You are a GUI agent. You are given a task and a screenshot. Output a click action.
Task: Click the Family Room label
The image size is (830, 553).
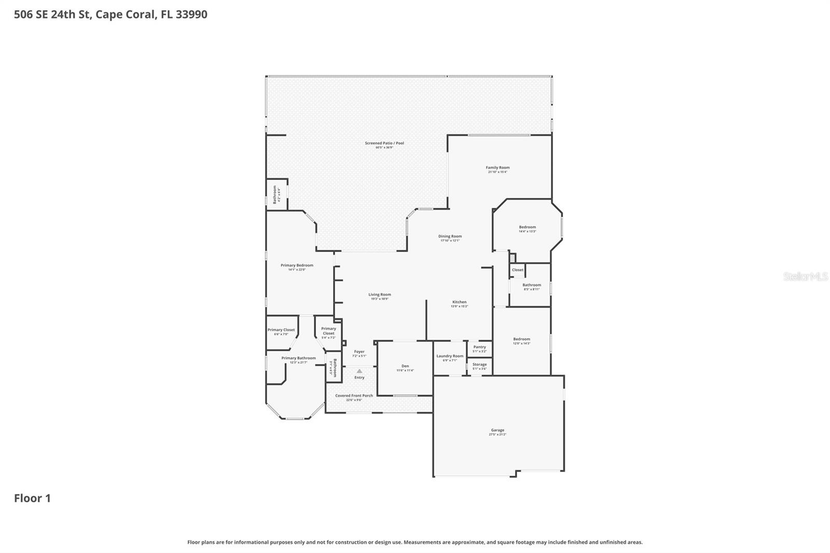coord(497,168)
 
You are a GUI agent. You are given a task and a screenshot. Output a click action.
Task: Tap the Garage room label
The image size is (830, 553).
coord(497,430)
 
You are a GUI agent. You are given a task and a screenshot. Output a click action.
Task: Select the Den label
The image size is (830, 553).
coord(405,366)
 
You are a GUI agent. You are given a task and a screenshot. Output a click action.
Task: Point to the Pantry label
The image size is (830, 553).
coord(479,347)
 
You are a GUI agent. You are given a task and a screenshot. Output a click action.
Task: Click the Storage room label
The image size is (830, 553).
coord(479,364)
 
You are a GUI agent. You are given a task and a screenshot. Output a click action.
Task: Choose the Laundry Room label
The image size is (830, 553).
coord(450,356)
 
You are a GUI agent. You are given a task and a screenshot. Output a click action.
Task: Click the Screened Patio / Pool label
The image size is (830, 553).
coord(384,143)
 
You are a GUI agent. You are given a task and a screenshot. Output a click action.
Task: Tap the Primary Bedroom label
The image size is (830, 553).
coord(297,265)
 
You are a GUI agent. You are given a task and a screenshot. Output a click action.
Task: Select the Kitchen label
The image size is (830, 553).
coord(459,302)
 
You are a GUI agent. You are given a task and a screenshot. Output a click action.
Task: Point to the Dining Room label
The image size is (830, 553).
coord(450,236)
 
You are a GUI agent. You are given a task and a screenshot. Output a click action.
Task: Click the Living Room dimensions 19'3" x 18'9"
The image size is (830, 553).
coord(380,299)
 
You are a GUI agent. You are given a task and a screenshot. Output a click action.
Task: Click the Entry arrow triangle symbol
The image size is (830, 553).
coord(359,371)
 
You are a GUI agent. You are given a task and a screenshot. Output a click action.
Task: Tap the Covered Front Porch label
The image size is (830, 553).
coord(354,395)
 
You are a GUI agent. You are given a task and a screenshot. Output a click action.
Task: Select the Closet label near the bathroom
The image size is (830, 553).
coord(518,270)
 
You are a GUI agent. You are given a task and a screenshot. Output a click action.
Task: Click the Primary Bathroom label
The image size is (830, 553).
coord(298,358)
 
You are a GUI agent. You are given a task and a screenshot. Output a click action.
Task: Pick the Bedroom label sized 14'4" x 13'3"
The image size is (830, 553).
coord(527,227)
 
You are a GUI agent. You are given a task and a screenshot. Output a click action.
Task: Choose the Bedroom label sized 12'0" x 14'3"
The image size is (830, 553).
coord(521,339)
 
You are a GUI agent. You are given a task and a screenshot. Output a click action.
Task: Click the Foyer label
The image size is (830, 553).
coord(359,352)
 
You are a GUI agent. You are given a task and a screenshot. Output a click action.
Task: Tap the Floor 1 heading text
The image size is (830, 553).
coord(32,498)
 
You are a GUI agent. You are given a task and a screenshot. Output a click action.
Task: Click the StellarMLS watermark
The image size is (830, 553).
coord(805,276)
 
